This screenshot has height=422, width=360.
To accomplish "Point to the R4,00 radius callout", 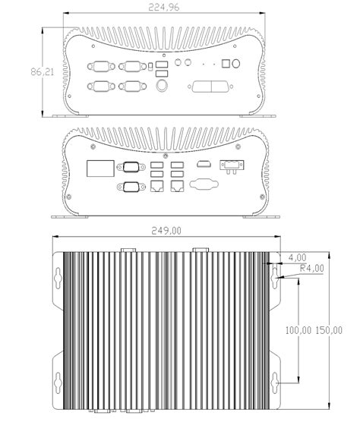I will [x=312, y=268].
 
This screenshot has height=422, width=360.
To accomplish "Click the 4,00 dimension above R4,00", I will [x=298, y=257].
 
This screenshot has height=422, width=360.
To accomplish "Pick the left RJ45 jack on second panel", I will [x=157, y=183].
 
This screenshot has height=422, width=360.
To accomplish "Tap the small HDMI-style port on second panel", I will [x=203, y=165].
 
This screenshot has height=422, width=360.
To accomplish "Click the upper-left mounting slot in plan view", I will [x=58, y=278].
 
